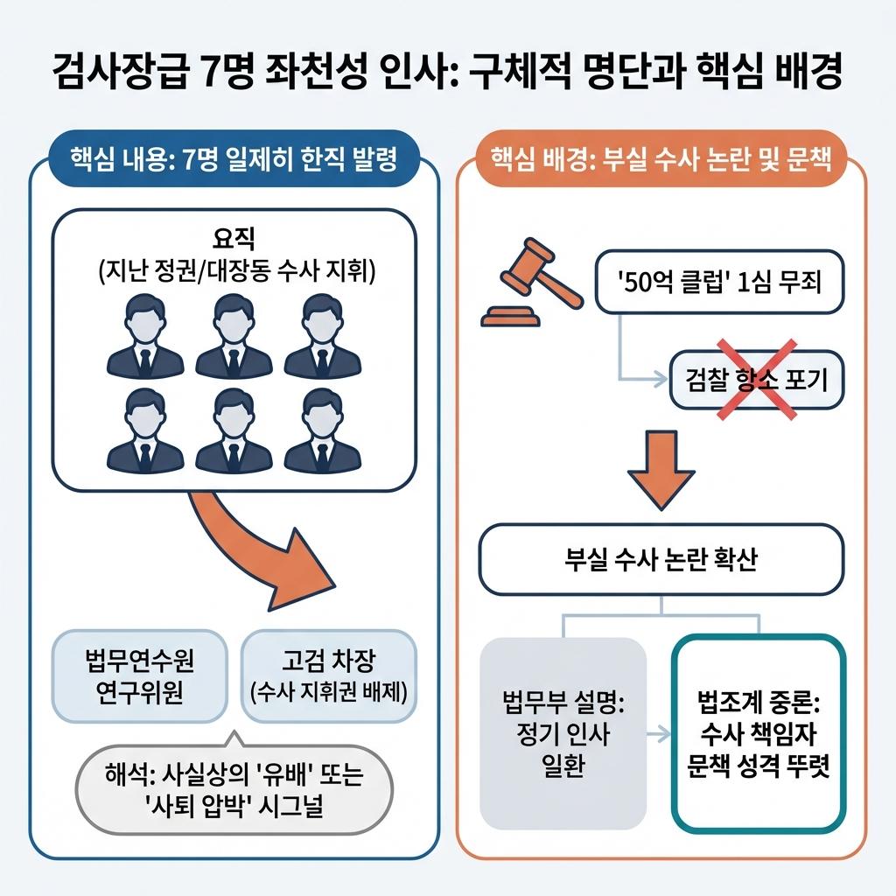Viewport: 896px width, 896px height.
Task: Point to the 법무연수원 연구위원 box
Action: [140, 675]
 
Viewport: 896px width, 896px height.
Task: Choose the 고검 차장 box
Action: [328, 675]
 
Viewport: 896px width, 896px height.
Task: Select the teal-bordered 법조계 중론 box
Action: [758, 734]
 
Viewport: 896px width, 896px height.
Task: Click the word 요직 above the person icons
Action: [233, 237]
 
